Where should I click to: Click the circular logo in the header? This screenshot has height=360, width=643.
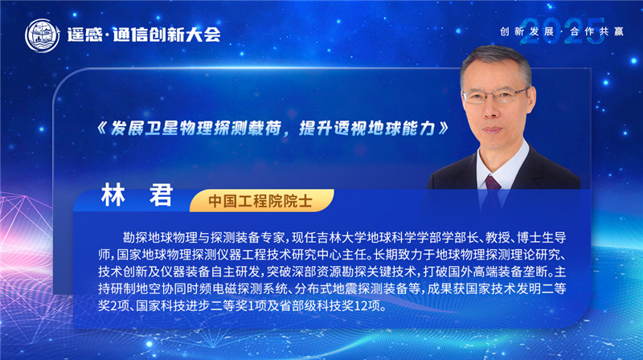[42, 34]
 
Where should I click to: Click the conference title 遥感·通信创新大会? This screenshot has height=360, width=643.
[148, 35]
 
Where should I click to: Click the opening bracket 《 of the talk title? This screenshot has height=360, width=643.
[103, 129]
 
